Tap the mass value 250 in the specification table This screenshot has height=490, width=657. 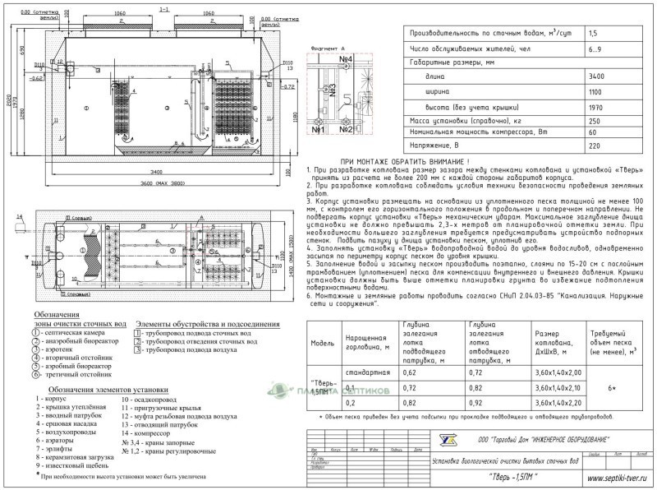[596, 120]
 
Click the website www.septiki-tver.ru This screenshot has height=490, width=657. [610, 476]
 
